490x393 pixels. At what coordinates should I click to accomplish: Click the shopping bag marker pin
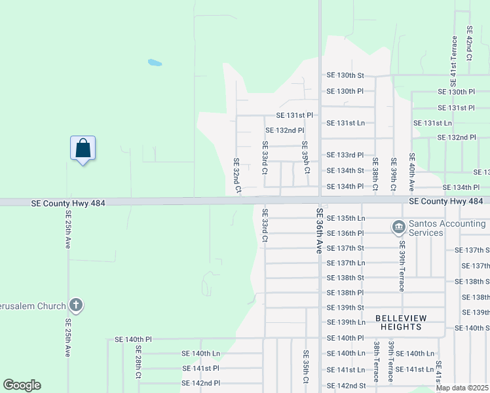(83, 149)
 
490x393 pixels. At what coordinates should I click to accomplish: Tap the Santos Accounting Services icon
(398, 228)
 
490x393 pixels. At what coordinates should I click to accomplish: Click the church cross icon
(76, 305)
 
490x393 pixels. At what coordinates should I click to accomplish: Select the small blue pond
(155, 63)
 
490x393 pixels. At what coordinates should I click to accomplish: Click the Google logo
(22, 385)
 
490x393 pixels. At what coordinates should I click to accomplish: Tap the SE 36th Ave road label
(320, 231)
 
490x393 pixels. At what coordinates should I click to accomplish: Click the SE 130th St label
(345, 75)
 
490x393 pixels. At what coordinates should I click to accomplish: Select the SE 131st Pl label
(289, 115)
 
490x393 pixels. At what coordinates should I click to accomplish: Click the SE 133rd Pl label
(345, 155)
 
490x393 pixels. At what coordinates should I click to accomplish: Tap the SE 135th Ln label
(345, 217)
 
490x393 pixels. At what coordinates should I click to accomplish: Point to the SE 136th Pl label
(345, 233)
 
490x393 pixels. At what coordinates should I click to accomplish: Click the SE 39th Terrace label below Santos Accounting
(401, 271)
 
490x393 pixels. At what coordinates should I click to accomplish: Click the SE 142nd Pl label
(201, 383)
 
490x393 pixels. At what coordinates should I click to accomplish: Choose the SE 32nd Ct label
(237, 175)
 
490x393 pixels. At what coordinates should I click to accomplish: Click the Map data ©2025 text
(462, 388)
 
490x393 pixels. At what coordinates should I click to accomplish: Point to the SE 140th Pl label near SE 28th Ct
(133, 339)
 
